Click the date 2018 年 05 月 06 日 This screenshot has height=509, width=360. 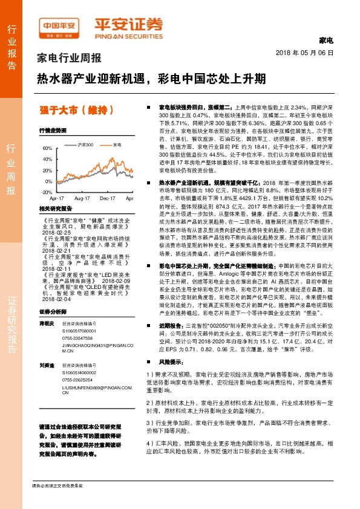(x=309, y=53)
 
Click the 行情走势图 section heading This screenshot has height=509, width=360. (x=52, y=131)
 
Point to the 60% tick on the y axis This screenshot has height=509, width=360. (x=47, y=148)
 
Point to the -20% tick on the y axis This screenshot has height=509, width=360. (x=46, y=192)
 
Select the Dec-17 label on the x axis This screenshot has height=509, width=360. (x=107, y=198)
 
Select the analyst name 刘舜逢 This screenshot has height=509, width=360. (x=47, y=365)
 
